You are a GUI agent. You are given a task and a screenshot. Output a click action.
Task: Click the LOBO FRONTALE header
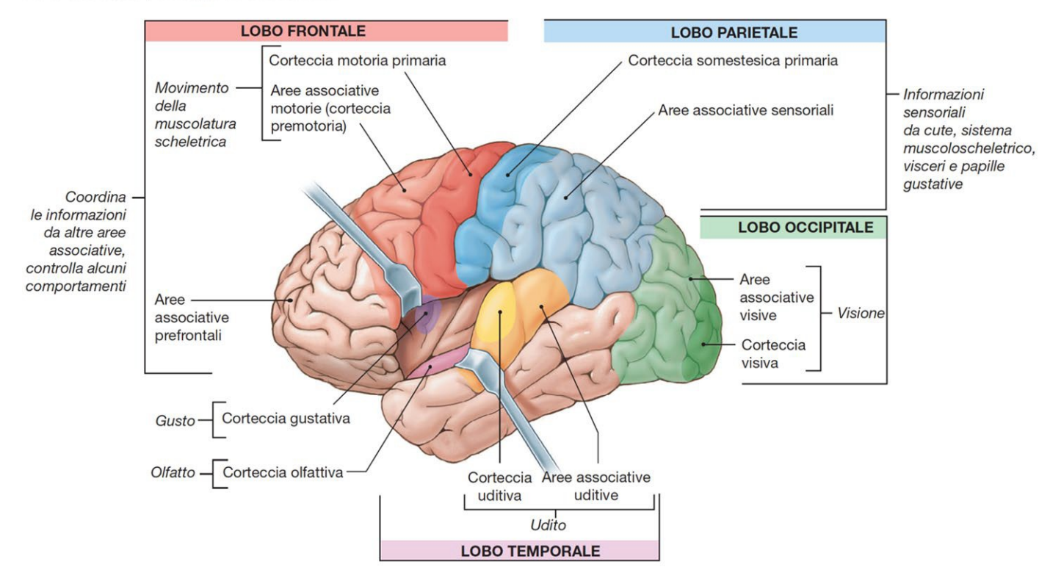click(x=303, y=31)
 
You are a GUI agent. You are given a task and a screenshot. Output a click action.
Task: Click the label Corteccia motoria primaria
click(x=358, y=61)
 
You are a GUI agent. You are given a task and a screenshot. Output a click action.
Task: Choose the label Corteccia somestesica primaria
click(x=733, y=61)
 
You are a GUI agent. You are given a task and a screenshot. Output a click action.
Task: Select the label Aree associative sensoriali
click(x=746, y=111)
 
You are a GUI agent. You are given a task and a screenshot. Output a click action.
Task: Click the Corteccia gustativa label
click(x=286, y=419)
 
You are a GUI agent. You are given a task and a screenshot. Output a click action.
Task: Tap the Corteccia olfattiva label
click(x=283, y=472)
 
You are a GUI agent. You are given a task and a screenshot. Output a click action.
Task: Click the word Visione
click(x=861, y=314)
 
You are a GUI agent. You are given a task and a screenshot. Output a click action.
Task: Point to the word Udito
click(x=548, y=525)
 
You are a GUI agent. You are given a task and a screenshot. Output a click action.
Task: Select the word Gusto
click(x=175, y=421)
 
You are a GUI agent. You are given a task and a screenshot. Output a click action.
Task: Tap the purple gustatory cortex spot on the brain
click(x=425, y=317)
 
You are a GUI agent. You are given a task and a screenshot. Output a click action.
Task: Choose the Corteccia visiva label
click(x=773, y=353)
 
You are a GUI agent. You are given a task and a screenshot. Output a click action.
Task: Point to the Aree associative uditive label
click(x=596, y=486)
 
